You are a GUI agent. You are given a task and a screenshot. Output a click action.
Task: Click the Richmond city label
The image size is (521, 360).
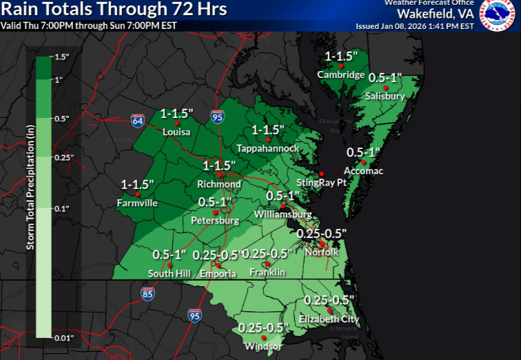[x=218, y=184]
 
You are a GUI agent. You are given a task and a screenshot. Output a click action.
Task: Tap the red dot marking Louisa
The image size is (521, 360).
[x=176, y=123]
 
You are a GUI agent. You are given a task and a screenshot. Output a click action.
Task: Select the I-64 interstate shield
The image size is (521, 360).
[x=138, y=121]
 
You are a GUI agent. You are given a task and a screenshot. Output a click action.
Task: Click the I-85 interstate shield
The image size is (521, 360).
[x=147, y=294]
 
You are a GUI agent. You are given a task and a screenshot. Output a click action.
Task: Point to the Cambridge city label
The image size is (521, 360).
[x=340, y=74]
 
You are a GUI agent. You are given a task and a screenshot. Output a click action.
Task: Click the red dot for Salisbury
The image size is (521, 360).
[x=386, y=88]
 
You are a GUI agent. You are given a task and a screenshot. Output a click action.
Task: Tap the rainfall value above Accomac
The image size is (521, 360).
[x=364, y=152]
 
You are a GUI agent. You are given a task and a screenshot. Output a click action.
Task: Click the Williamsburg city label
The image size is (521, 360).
[x=283, y=214]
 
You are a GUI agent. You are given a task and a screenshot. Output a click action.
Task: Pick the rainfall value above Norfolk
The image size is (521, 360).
[x=321, y=233]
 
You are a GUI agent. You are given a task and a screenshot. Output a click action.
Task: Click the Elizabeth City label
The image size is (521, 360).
[x=329, y=319]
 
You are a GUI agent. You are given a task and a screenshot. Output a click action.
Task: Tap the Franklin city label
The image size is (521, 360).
[x=267, y=272]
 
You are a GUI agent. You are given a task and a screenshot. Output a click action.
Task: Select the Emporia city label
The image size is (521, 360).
[x=218, y=274]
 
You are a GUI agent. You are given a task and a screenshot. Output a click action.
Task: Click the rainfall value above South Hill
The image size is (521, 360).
[x=170, y=254]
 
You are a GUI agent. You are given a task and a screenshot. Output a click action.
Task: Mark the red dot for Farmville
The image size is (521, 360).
[x=138, y=194]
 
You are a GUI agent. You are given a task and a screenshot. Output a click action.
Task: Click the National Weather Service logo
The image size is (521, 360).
[x=497, y=15]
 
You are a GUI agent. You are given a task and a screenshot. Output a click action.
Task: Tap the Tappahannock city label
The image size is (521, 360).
[x=267, y=148]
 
